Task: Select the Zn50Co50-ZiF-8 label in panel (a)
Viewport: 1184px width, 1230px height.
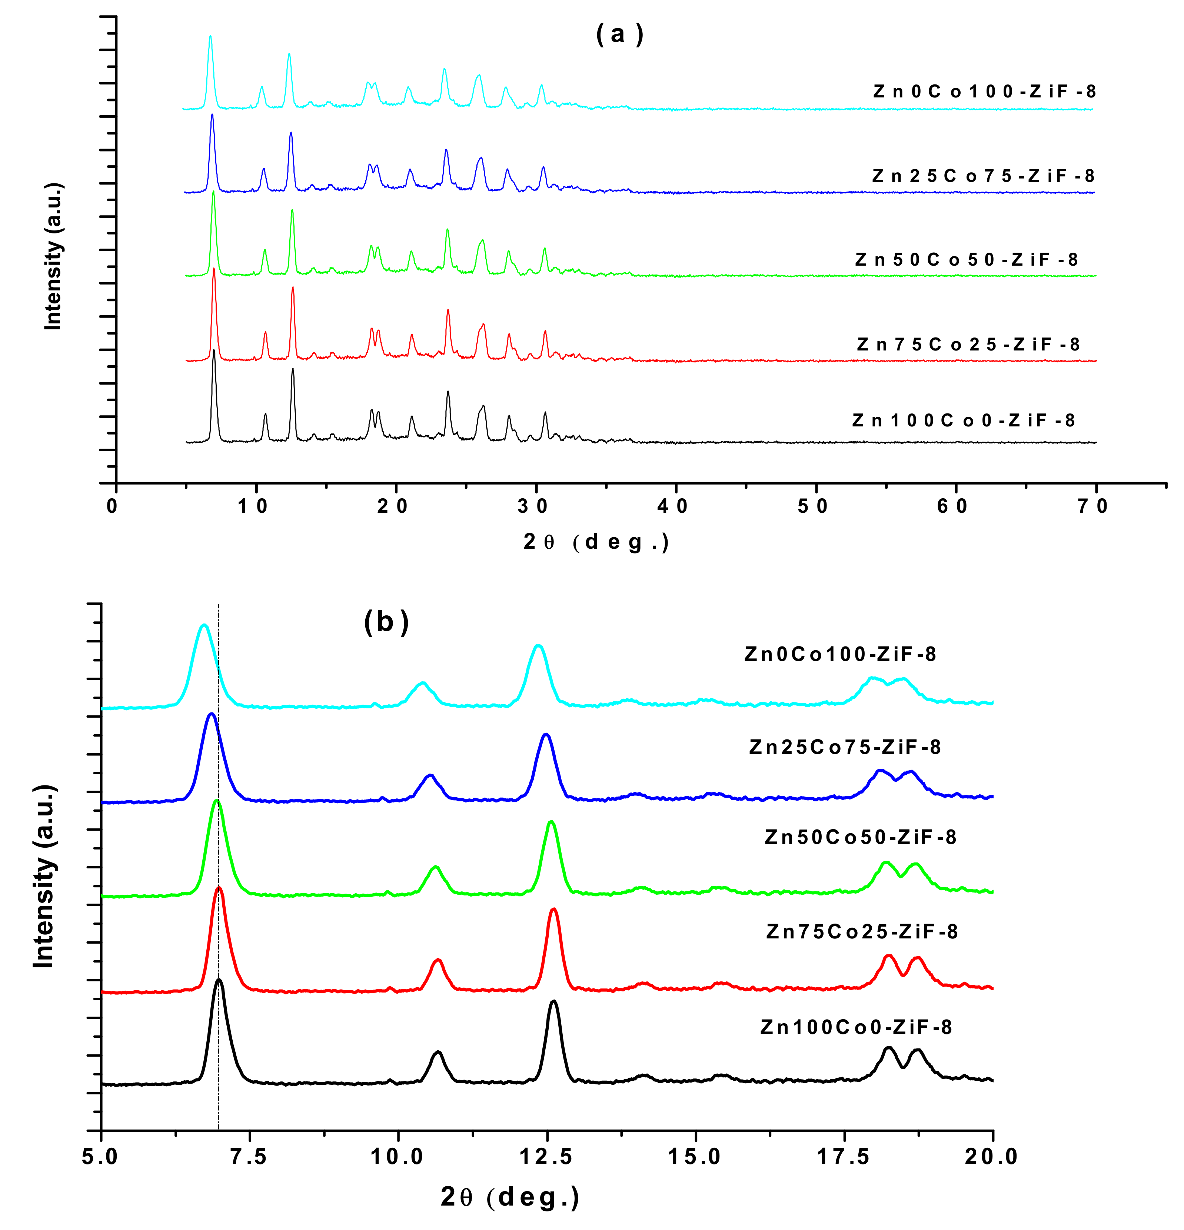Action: [966, 259]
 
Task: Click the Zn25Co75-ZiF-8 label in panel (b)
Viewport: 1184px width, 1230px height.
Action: [845, 747]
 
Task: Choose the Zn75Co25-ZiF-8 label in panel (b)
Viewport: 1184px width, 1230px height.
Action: [861, 931]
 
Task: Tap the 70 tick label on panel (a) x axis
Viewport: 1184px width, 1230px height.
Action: [1092, 506]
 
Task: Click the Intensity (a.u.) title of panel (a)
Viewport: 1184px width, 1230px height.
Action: [53, 256]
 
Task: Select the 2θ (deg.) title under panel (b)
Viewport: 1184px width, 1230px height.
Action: [509, 1197]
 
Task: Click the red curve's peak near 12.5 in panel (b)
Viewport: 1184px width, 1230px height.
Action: [553, 909]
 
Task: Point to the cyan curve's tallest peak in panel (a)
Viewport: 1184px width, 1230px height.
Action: [210, 36]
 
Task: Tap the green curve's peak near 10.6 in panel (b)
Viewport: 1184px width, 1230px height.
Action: [435, 867]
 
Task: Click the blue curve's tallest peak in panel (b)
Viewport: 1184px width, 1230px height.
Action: [212, 714]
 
